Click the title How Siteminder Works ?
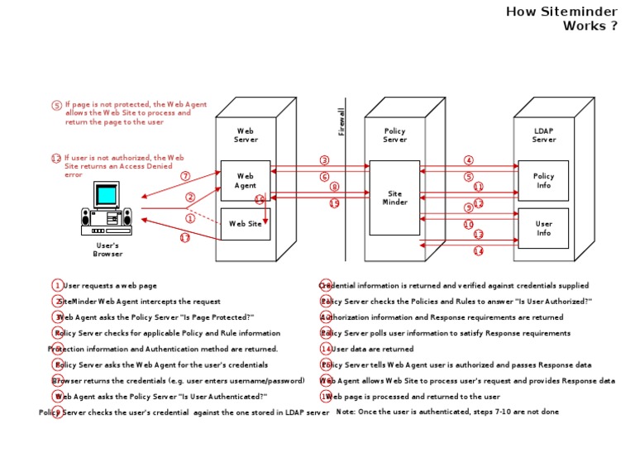pos(561,18)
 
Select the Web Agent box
pos(246,181)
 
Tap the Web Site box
pos(246,223)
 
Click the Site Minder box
pos(394,198)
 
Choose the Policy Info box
pos(543,181)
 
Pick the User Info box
pos(543,228)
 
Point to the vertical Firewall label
pos(341,121)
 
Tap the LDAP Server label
pos(543,135)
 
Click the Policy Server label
pos(394,135)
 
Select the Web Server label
pos(246,135)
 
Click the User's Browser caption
pos(107,250)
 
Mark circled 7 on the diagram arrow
pos(185,176)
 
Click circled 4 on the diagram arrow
pos(469,160)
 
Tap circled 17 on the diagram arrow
pos(185,238)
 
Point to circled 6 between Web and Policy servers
pos(324,177)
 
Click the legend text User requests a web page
pos(110,286)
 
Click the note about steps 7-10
pos(447,412)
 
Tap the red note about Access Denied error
pos(118,165)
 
